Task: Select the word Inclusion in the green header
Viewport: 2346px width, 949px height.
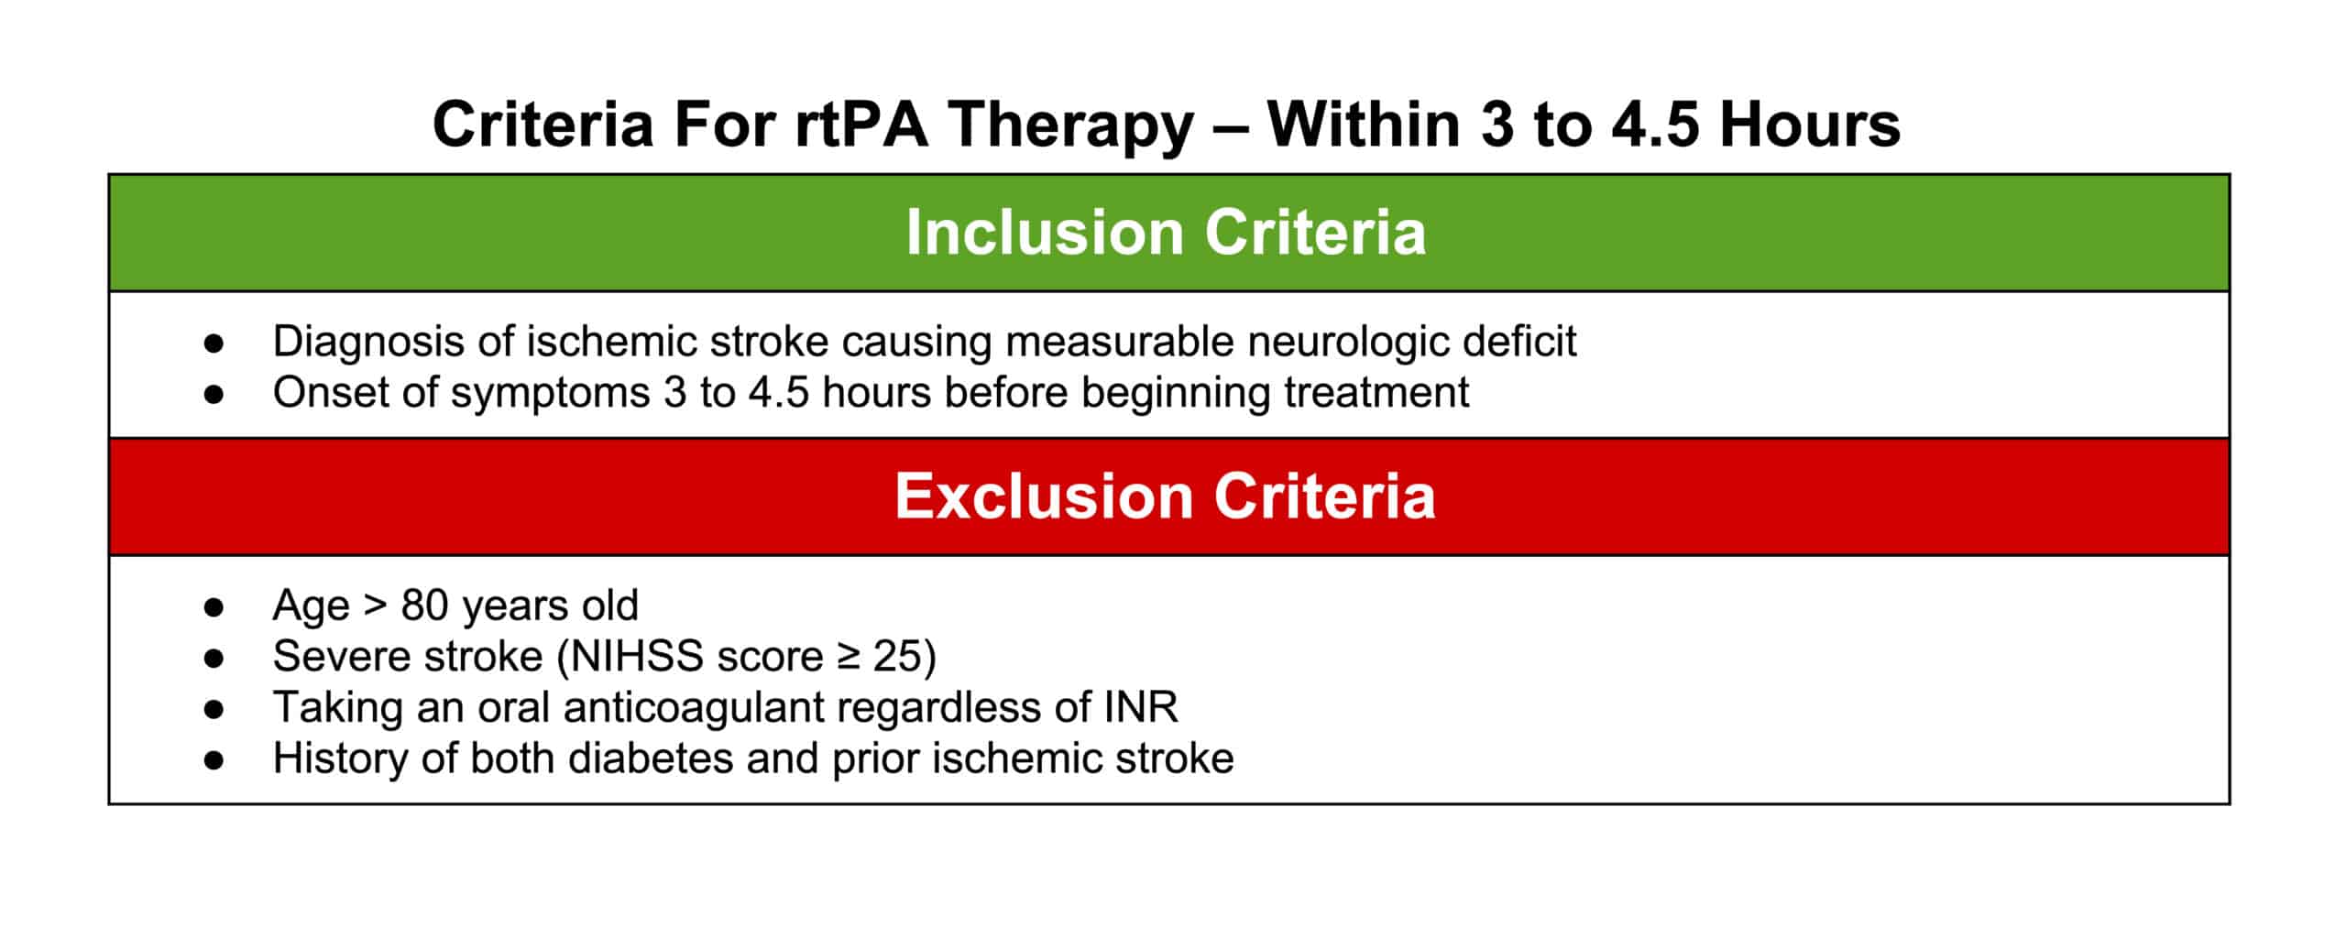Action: tap(1044, 233)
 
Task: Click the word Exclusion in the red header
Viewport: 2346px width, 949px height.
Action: tap(1043, 496)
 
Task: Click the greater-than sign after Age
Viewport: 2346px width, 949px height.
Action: tap(375, 605)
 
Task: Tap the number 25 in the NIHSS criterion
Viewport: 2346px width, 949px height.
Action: tap(897, 657)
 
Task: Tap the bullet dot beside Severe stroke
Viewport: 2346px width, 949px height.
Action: tap(214, 658)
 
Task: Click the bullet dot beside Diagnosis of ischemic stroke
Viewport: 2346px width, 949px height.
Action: tap(214, 343)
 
